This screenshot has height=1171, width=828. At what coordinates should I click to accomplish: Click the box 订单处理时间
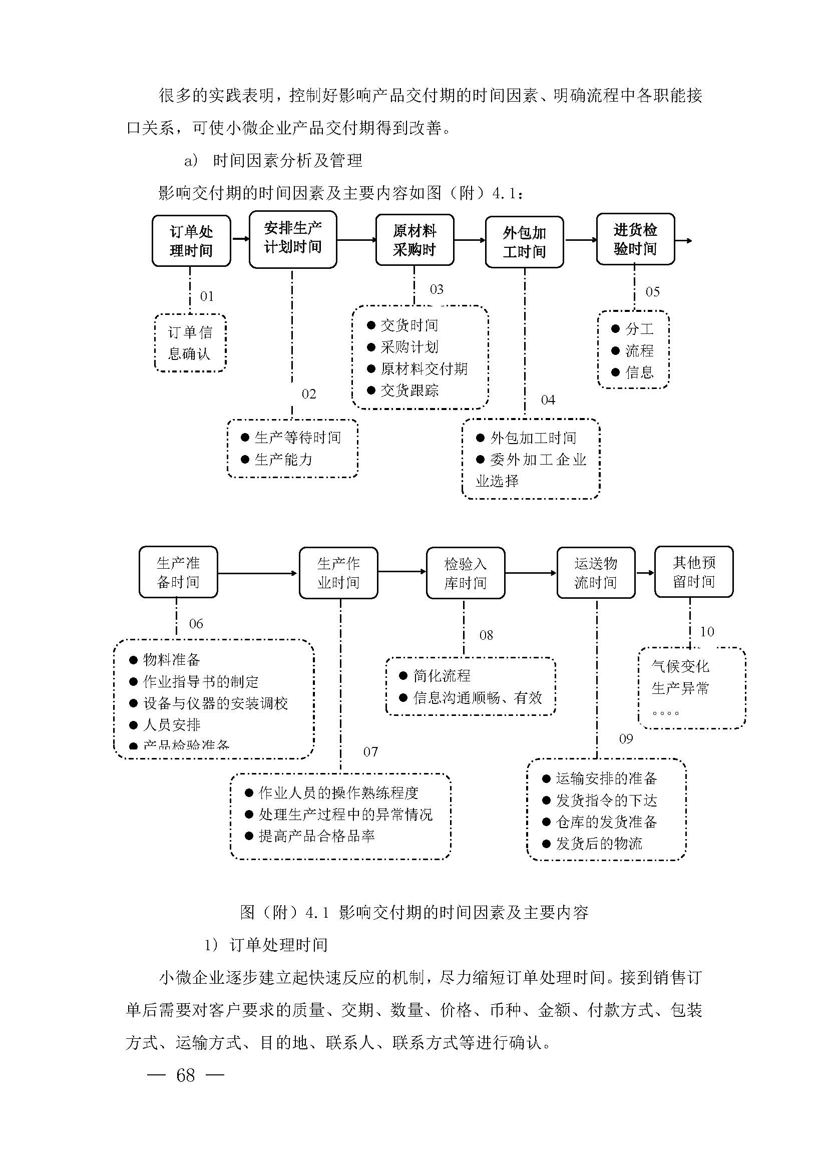[x=191, y=241]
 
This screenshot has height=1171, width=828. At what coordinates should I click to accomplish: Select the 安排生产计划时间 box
[x=293, y=239]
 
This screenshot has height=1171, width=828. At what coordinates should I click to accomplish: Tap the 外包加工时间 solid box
[x=524, y=242]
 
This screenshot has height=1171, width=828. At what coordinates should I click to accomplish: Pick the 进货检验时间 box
[x=635, y=239]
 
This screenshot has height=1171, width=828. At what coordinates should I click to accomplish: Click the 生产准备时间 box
[x=178, y=572]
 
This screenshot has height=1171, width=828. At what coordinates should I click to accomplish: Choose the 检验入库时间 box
[x=466, y=573]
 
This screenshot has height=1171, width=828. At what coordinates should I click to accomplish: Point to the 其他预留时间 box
[x=693, y=572]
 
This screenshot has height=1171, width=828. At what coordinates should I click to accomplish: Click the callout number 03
[x=437, y=290]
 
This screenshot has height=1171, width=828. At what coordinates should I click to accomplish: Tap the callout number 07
[x=370, y=752]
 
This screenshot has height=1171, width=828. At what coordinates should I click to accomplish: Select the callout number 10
[x=707, y=632]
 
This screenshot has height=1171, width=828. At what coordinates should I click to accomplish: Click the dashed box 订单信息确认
[x=190, y=343]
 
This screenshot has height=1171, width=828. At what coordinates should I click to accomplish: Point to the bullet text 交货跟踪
[x=409, y=391]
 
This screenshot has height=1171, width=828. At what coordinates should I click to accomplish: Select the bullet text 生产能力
[x=283, y=460]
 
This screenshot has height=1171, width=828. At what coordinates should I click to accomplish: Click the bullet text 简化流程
[x=442, y=676]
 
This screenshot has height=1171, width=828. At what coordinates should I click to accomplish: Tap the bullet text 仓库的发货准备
[x=606, y=822]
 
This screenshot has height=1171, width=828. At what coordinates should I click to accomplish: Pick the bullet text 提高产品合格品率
[x=316, y=836]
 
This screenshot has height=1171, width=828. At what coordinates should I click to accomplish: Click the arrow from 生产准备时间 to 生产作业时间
[x=257, y=573]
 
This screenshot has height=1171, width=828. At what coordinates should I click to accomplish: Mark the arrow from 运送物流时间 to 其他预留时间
[x=645, y=573]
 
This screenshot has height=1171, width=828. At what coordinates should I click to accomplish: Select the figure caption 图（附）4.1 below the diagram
[x=414, y=913]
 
